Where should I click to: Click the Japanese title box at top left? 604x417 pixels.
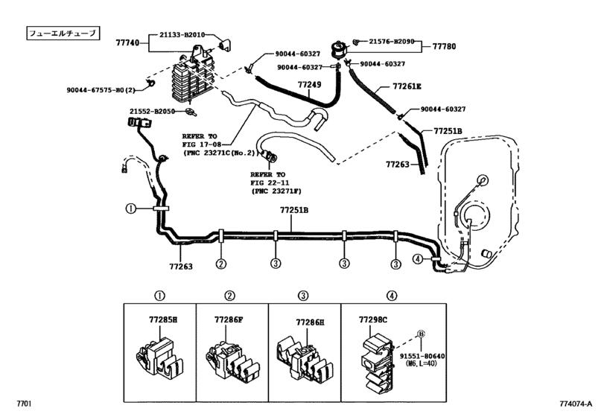[x=63, y=33]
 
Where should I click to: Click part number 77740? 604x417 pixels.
[x=127, y=42]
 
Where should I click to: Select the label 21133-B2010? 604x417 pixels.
[x=182, y=35]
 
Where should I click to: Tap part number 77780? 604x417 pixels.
[x=444, y=47]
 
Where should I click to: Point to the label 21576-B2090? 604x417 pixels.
[x=391, y=41]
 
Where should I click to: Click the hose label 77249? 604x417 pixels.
[x=309, y=84]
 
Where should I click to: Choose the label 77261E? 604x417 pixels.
[x=407, y=86]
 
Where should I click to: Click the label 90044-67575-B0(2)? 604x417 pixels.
[x=101, y=90]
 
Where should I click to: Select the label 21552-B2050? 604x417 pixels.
[x=152, y=112]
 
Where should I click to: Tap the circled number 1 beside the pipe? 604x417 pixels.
[x=131, y=208]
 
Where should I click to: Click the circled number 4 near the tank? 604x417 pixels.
[x=418, y=259]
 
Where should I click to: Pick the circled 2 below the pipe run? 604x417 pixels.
[x=220, y=264]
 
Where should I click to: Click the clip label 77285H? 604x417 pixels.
[x=163, y=319]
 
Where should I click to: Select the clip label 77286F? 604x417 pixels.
[x=229, y=319]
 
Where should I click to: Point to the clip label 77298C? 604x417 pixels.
[x=373, y=319]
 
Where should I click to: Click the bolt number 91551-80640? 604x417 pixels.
[x=422, y=356]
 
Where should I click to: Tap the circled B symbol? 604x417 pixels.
[x=421, y=334]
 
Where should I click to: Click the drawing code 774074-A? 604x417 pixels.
[x=576, y=404]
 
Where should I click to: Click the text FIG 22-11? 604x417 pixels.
[x=270, y=183]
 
